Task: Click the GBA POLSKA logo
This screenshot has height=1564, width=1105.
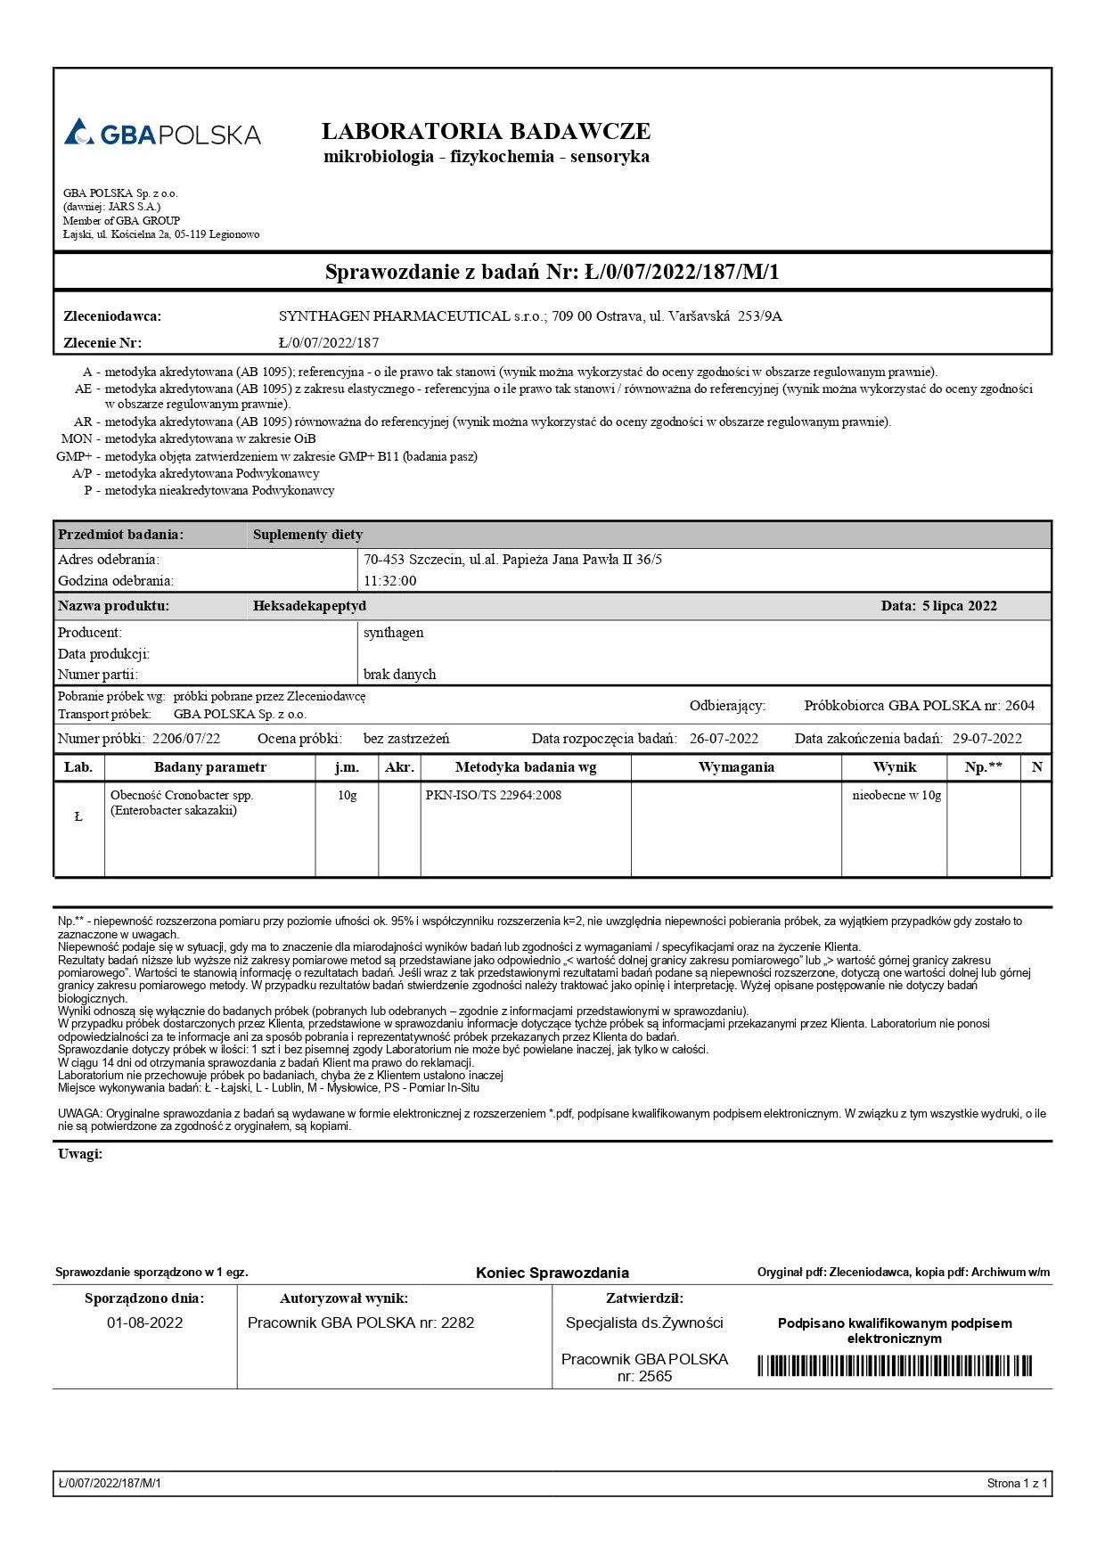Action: coord(162,133)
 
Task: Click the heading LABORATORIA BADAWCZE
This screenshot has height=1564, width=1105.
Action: coord(486,132)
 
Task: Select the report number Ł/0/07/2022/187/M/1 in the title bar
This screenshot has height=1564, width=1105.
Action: coord(682,272)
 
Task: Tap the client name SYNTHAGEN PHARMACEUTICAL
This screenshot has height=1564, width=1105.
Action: coord(394,316)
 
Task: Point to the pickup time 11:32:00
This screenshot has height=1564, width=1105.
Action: coord(389,581)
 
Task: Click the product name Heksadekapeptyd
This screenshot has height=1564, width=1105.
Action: coord(309,606)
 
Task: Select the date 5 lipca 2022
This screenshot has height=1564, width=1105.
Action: coord(959,606)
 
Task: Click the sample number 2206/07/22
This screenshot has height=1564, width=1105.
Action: coord(186,739)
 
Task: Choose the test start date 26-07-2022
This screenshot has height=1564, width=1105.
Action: coord(724,739)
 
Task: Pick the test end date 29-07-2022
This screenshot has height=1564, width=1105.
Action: coord(986,739)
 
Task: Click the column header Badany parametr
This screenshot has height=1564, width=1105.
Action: coord(210,767)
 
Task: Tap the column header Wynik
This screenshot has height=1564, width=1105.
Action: coord(894,767)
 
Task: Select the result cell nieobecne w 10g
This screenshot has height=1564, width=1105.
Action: coord(896,795)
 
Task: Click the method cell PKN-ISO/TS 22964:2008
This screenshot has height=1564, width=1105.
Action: coord(494,795)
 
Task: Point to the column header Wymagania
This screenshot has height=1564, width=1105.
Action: coord(736,767)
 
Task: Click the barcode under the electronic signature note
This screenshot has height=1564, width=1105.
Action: coord(895,1365)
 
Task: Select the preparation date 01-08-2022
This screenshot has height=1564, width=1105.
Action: coord(144,1322)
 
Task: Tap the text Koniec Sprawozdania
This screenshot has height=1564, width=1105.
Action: coord(552,1273)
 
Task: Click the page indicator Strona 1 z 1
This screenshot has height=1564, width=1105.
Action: coord(1017,1484)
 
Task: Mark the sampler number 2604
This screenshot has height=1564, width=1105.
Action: coord(1019,706)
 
